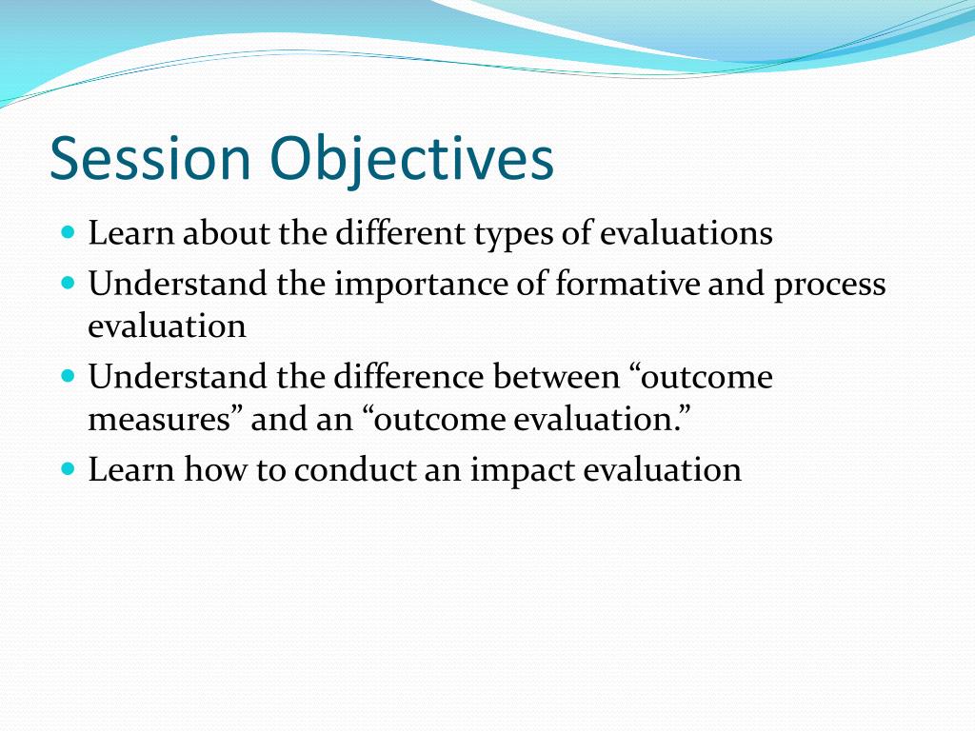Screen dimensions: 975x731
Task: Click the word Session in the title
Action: pyautogui.click(x=149, y=158)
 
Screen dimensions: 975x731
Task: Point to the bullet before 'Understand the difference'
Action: pyautogui.click(x=69, y=376)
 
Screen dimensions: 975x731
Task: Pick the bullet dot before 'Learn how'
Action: pyautogui.click(x=69, y=468)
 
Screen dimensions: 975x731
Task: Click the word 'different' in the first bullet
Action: pyautogui.click(x=401, y=232)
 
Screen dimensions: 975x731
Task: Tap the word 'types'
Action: pyautogui.click(x=513, y=236)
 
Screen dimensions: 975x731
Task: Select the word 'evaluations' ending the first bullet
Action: pyautogui.click(x=686, y=234)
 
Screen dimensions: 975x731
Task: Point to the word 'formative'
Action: pyautogui.click(x=627, y=284)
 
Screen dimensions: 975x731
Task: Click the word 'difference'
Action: pyautogui.click(x=408, y=376)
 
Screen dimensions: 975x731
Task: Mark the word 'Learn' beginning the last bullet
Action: pyautogui.click(x=130, y=468)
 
